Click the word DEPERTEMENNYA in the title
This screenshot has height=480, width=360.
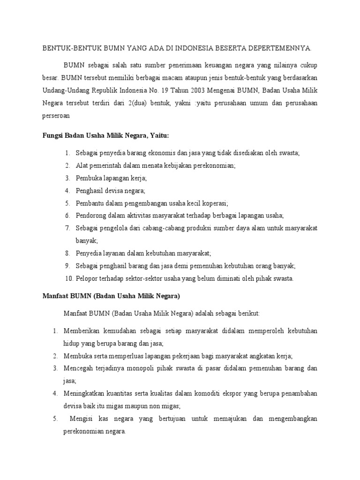(282, 48)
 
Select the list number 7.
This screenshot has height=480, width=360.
(67, 228)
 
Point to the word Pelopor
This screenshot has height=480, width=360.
(87, 278)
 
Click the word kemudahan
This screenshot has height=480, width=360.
(117, 331)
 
